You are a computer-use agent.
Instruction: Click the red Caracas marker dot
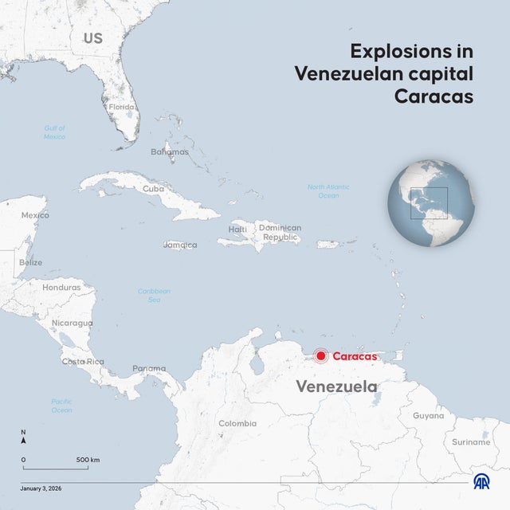click(x=320, y=356)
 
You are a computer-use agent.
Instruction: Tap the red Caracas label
click(x=355, y=356)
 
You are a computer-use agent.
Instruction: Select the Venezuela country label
click(x=336, y=386)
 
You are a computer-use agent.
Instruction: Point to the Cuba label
click(x=154, y=189)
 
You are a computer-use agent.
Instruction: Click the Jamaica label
click(x=180, y=245)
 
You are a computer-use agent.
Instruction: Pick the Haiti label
click(x=237, y=229)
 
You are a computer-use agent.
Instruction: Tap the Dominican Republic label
click(x=280, y=232)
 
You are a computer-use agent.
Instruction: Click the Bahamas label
click(x=170, y=151)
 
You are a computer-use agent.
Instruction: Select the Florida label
click(x=122, y=107)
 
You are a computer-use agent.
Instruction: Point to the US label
click(x=92, y=38)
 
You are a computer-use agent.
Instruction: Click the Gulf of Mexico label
click(x=55, y=132)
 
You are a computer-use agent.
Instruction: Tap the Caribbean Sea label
click(x=154, y=295)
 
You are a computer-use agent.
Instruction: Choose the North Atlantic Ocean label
click(x=328, y=191)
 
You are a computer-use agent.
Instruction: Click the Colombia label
click(x=237, y=423)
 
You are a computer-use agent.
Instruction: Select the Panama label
click(x=149, y=368)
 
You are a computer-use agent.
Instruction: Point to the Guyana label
click(x=428, y=415)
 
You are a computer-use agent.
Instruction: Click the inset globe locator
click(x=431, y=203)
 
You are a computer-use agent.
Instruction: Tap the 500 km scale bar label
click(x=88, y=460)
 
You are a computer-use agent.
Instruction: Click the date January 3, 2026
click(x=41, y=487)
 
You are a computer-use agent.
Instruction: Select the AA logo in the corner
click(x=481, y=482)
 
